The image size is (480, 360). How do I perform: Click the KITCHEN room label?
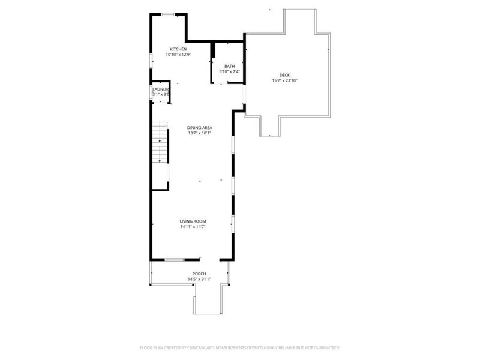[x=178, y=49]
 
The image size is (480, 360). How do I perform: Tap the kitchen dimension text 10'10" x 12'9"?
[x=178, y=55]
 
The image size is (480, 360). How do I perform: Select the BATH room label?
[x=229, y=66]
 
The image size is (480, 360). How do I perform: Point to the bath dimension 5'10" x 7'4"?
[x=229, y=72]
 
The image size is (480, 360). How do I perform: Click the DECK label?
[x=285, y=74]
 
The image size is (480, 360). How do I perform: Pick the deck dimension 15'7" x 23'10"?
[x=285, y=80]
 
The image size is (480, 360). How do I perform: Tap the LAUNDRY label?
[x=160, y=89]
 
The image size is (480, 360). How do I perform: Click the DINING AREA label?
[x=200, y=127]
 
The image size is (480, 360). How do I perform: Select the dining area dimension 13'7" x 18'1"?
[x=200, y=133]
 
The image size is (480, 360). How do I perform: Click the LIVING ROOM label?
[x=193, y=221]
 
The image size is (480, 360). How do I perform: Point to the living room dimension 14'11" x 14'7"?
[x=193, y=227]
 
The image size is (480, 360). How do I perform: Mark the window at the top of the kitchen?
[x=168, y=13]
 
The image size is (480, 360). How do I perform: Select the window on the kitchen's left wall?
[x=151, y=61]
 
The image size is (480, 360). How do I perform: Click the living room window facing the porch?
[x=174, y=260]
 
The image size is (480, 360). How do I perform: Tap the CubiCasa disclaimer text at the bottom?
[x=240, y=347]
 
